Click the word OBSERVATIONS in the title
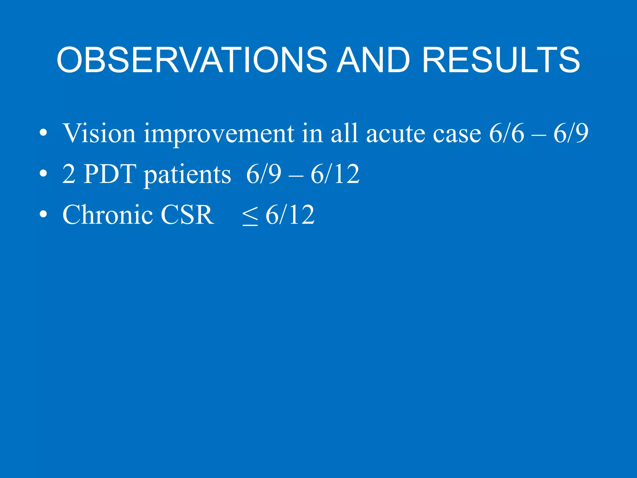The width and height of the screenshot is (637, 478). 191,60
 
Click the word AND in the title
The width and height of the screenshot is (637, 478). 374,60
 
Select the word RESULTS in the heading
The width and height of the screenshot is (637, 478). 501,60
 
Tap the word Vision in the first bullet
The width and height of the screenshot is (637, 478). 99,134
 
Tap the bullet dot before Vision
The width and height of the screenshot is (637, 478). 43,134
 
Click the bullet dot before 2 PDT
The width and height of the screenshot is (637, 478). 43,174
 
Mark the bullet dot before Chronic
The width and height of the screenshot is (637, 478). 43,214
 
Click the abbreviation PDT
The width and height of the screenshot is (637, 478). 110,174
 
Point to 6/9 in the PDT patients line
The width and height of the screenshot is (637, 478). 263,174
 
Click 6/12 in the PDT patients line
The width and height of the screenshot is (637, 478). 335,174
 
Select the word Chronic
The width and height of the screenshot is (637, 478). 107,214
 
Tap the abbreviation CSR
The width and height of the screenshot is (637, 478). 187,214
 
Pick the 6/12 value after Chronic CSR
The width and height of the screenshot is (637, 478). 290,214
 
